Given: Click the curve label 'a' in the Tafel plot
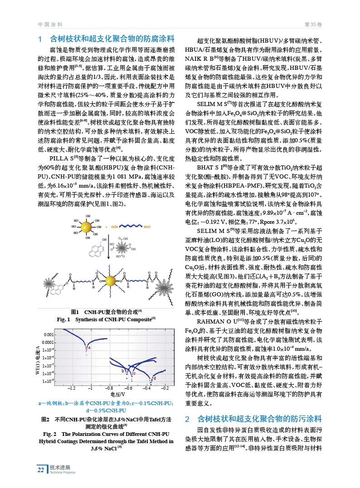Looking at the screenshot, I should point(90,347).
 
